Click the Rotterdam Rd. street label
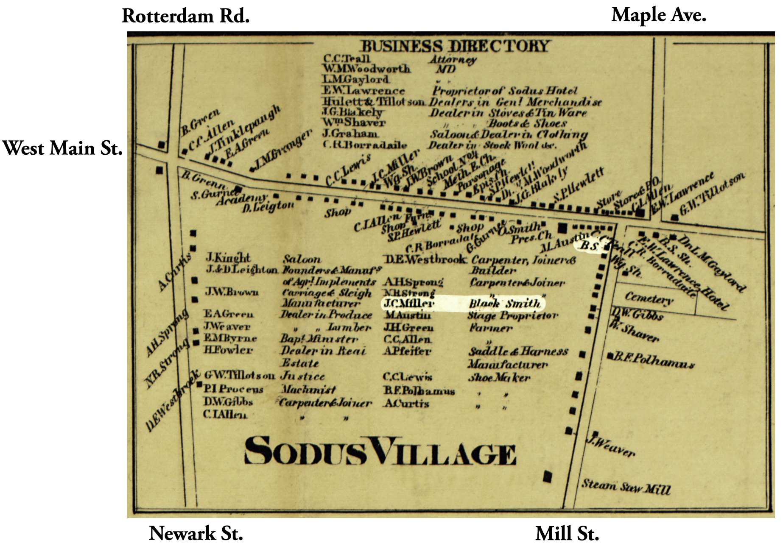click(185, 17)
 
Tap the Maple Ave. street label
click(658, 15)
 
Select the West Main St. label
click(63, 148)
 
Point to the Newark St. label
click(196, 533)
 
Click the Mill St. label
click(567, 533)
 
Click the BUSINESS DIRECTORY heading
click(455, 46)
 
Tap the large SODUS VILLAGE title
click(380, 452)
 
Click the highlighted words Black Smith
click(505, 304)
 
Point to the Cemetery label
click(649, 298)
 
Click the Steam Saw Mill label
click(626, 487)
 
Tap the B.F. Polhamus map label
click(654, 360)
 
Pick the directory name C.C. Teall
click(347, 58)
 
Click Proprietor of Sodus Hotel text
click(505, 91)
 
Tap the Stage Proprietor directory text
click(512, 316)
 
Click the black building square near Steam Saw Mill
click(548, 477)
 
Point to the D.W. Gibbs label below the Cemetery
click(637, 314)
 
